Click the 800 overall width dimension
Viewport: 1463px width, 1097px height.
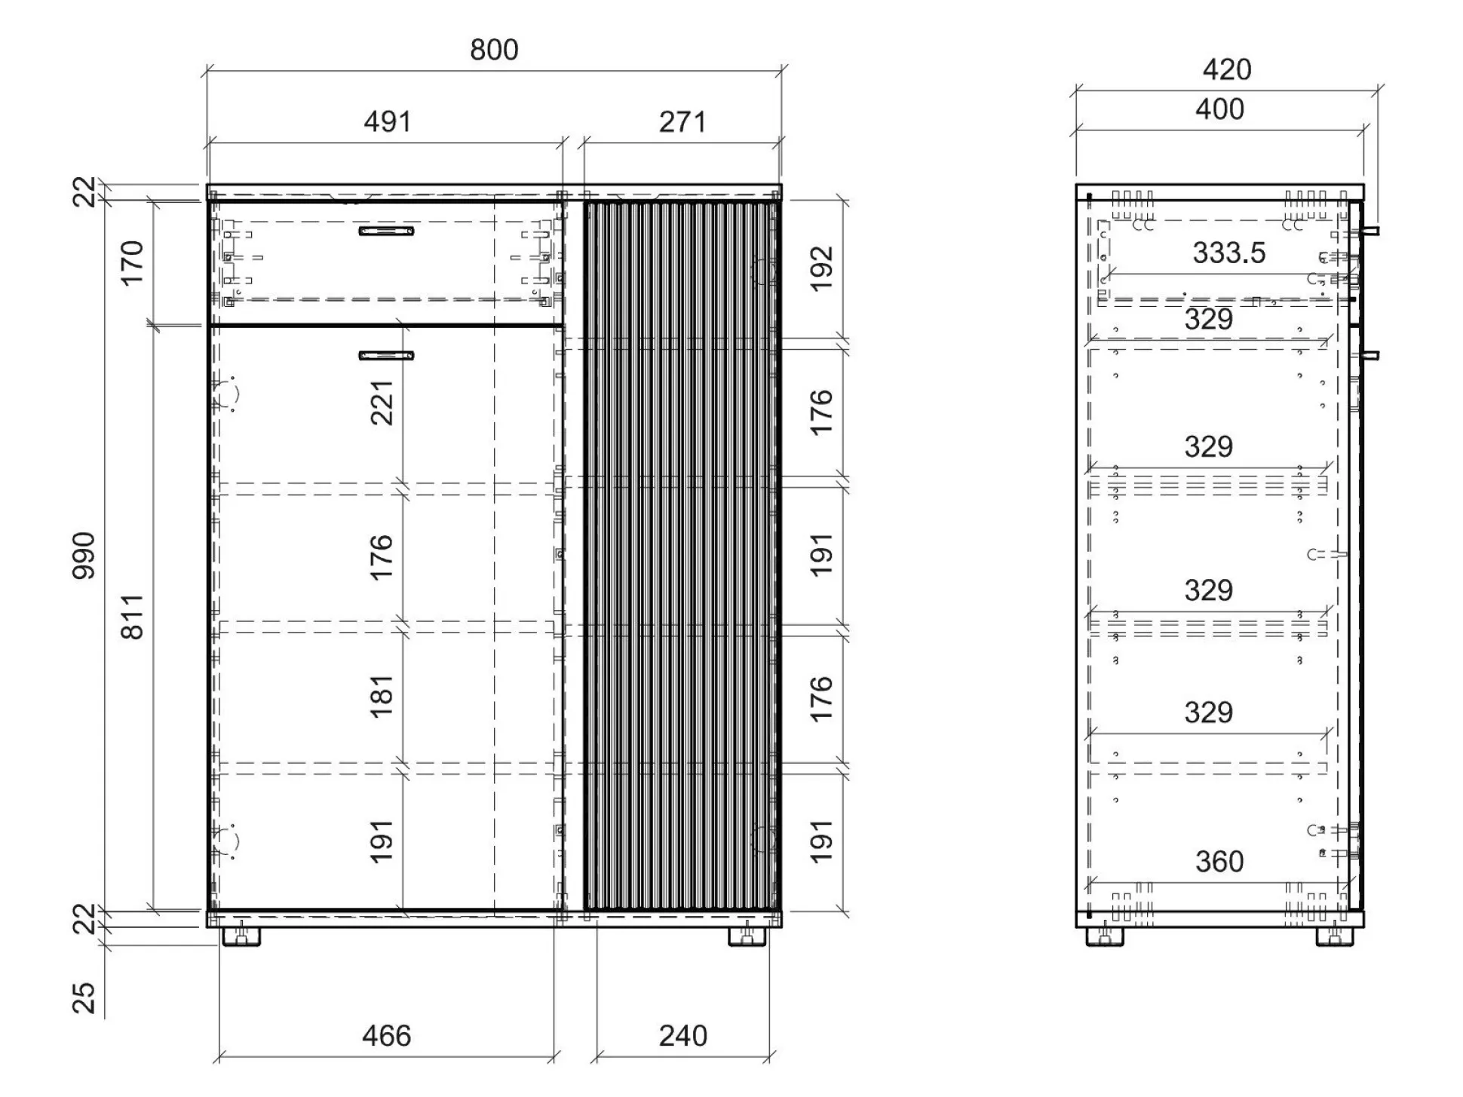[x=494, y=50]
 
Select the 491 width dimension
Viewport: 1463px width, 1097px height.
[x=388, y=121]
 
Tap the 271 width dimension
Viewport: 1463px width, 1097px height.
[x=682, y=121]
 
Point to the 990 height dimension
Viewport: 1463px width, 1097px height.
[x=84, y=556]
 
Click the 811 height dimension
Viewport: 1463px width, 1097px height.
[x=132, y=617]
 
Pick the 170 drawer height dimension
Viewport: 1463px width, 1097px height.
[x=132, y=263]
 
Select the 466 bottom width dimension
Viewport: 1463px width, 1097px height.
[x=387, y=1036]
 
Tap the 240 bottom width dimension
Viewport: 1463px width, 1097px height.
[x=683, y=1036]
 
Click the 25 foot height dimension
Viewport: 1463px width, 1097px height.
[x=84, y=997]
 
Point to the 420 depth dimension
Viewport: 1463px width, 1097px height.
[x=1227, y=69]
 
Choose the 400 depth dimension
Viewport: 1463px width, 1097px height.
[x=1219, y=109]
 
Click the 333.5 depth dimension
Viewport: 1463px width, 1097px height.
[x=1229, y=253]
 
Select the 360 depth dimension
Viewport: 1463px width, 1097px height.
[x=1219, y=861]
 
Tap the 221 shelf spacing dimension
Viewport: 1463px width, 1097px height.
[x=382, y=403]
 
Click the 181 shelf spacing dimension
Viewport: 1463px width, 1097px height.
[x=382, y=696]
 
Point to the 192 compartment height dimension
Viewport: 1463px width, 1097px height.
[x=821, y=268]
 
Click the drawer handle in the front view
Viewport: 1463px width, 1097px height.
[x=386, y=231]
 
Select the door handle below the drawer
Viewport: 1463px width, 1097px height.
[x=386, y=356]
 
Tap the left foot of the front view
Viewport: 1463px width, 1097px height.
[x=241, y=936]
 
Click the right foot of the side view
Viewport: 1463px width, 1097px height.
[x=1335, y=936]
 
